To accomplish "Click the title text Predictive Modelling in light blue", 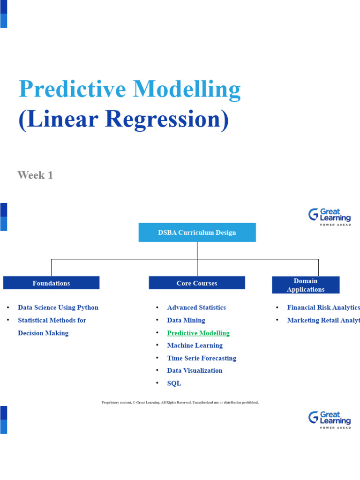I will tap(129, 89).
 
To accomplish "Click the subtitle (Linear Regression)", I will tap(124, 119).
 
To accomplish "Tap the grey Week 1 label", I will tap(35, 175).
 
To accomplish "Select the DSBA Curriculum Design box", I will tap(197, 232).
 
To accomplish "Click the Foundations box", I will tap(51, 283).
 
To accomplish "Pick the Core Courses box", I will tap(197, 283).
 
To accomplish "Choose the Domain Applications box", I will tap(306, 285).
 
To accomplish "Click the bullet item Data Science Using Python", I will tap(58, 307).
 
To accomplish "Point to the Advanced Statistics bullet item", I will tap(196, 307).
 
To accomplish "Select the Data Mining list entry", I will tap(186, 320).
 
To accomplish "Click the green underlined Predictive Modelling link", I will tap(198, 333).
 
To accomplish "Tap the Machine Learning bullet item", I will tap(195, 345).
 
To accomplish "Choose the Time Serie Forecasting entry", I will tap(202, 358).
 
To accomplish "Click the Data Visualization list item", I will tap(195, 370).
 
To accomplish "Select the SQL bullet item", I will tap(174, 383).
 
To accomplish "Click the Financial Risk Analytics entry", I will tap(323, 307).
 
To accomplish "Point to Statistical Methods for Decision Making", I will tap(52, 326).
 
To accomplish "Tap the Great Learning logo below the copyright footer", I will tap(329, 420).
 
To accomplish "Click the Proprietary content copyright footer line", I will tap(180, 402).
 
